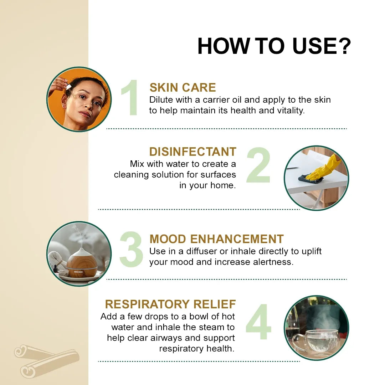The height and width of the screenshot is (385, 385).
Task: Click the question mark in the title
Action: pos(343,46)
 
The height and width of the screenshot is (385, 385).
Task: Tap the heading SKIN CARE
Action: pos(183,87)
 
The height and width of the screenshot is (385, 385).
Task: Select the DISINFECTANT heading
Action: pos(193,152)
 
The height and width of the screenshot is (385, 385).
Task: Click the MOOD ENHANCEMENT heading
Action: pos(217,239)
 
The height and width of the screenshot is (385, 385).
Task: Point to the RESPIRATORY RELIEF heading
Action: pos(170,304)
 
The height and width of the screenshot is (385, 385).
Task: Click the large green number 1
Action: pos(130,97)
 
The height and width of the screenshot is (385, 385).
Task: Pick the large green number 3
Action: pos(131,249)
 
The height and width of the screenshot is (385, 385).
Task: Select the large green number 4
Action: pos(258,322)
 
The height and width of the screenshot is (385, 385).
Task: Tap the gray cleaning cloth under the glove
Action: pos(310,179)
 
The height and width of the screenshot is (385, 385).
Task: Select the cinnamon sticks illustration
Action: pos(47,361)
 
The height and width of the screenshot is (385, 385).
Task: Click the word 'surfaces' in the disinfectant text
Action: pos(218,175)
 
